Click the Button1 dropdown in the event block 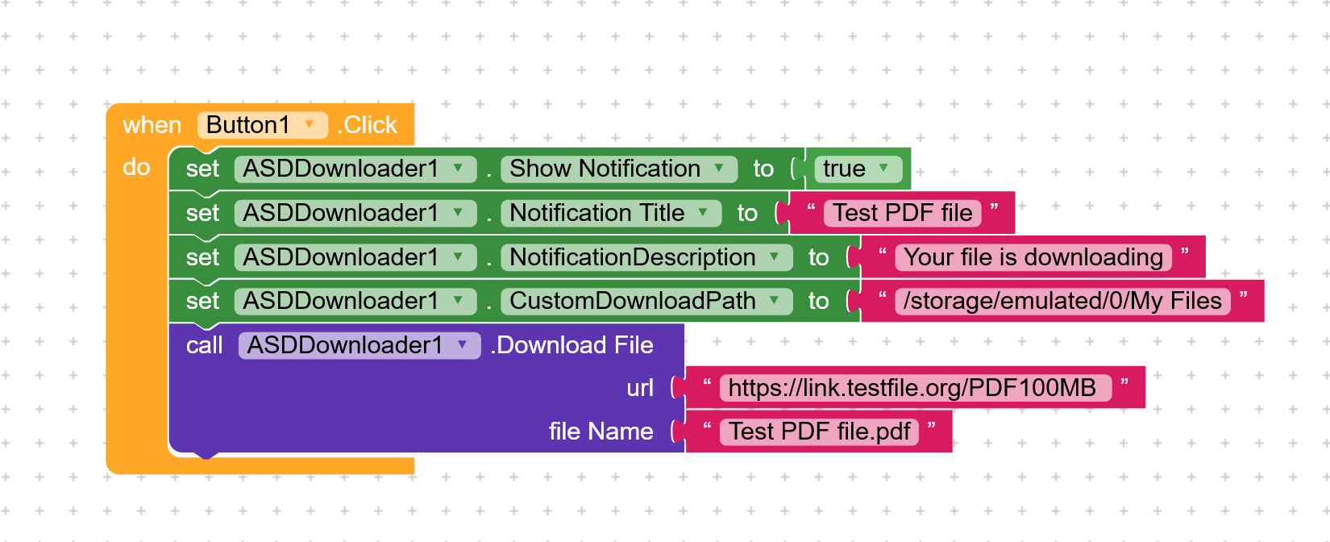(x=263, y=125)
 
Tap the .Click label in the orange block (x=368, y=125)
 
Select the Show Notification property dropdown (x=619, y=169)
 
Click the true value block (x=858, y=169)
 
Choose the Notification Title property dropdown (x=611, y=213)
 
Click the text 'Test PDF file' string (x=903, y=213)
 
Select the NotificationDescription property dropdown (x=646, y=257)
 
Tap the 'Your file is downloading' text (x=1033, y=257)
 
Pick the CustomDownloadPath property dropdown (x=646, y=301)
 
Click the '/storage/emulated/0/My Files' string (x=1063, y=301)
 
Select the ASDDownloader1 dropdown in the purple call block (x=360, y=345)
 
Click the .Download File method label (x=571, y=345)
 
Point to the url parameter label (x=640, y=388)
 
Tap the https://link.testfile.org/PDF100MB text (x=915, y=388)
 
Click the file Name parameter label (x=601, y=432)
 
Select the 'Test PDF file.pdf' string (x=820, y=432)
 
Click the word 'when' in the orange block (x=152, y=125)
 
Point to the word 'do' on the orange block (x=136, y=168)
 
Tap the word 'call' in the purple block (x=204, y=345)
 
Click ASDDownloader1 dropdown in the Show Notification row (x=355, y=169)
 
